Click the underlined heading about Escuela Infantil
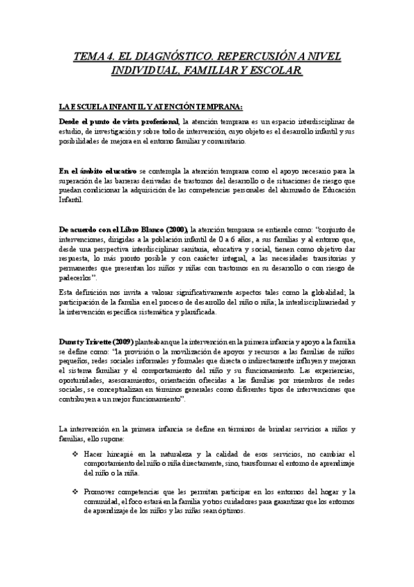151,106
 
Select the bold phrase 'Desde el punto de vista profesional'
119,121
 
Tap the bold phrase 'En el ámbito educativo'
97,170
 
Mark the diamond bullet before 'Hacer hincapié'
75,453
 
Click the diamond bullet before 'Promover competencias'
75,491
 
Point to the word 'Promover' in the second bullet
100,491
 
